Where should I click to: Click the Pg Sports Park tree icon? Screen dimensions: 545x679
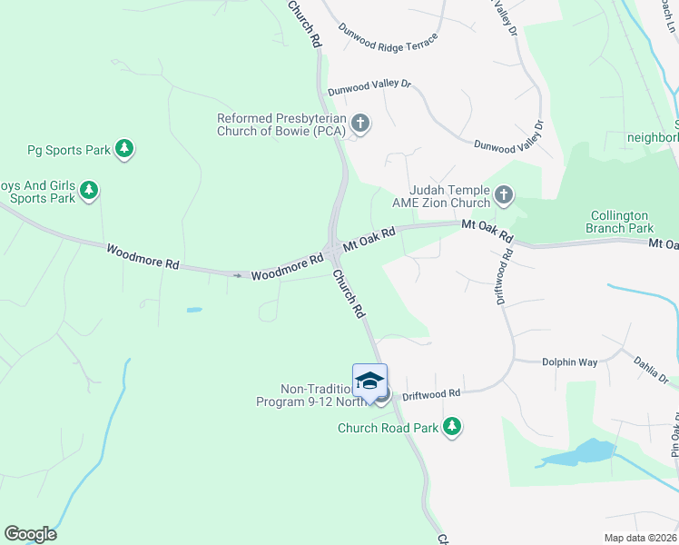(x=124, y=149)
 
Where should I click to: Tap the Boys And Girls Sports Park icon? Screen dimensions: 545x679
(x=89, y=191)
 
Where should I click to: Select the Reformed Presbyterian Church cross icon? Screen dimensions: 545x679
(x=360, y=124)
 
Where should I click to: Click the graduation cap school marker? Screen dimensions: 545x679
(x=369, y=381)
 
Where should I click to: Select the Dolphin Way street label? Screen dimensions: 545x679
(x=569, y=362)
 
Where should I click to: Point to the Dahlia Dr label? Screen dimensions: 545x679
(x=651, y=370)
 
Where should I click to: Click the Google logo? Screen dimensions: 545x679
(x=30, y=534)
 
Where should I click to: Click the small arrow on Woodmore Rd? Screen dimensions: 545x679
(x=239, y=275)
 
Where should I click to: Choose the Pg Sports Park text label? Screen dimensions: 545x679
(x=68, y=149)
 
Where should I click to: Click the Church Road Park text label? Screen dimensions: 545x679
(x=389, y=428)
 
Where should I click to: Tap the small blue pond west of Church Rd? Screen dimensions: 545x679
(x=194, y=310)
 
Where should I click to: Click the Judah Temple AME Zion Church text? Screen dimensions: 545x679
(x=442, y=195)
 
